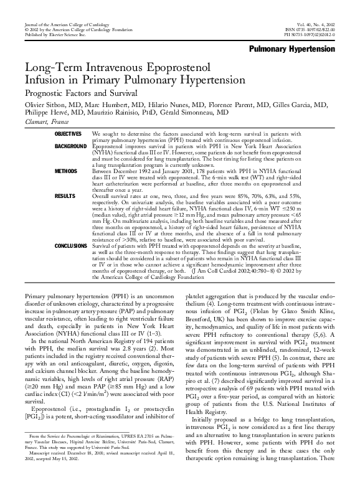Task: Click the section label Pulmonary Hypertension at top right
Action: click(x=291, y=49)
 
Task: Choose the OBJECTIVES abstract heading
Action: click(x=68, y=134)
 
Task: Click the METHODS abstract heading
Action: click(x=65, y=170)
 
